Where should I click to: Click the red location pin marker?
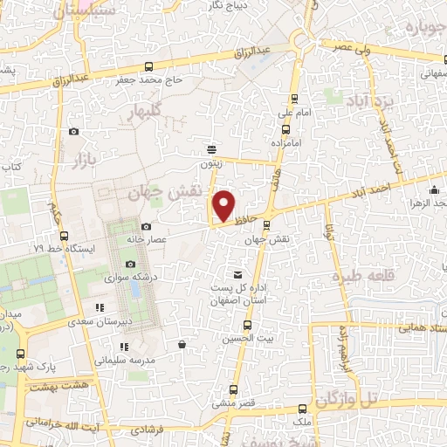point(224,205)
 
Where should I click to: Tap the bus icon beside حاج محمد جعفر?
point(149,67)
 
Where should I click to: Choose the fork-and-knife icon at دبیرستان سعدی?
point(100,307)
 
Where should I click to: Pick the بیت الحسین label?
point(240,338)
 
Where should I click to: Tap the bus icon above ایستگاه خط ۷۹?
point(64,235)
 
